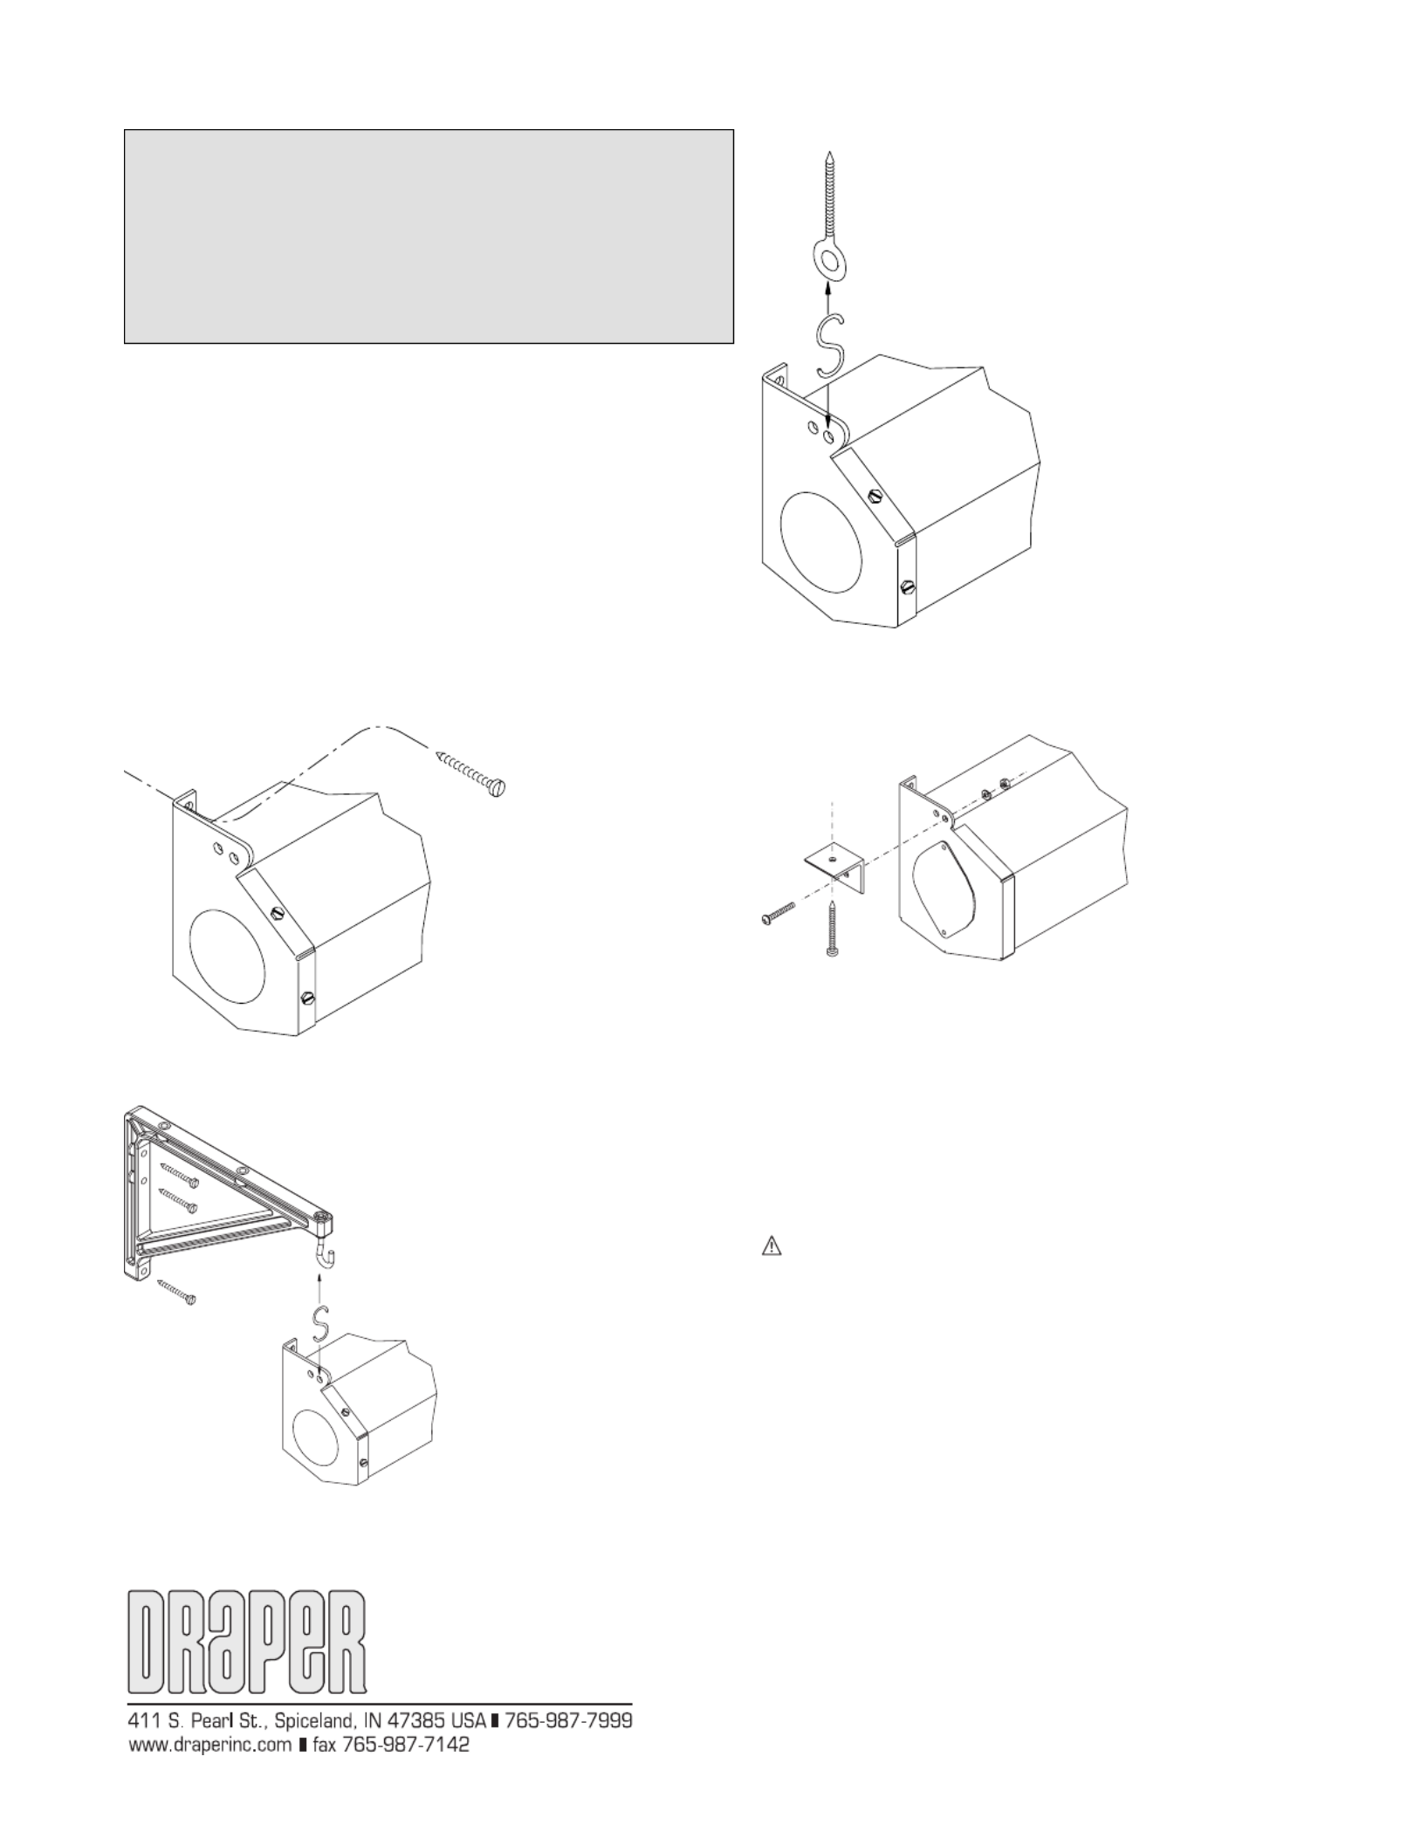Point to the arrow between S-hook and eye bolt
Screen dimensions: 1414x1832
(826, 297)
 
